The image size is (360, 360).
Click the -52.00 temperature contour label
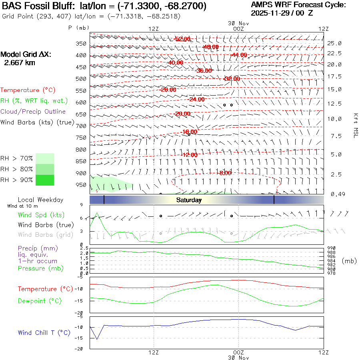point(183,39)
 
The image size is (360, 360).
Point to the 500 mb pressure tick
point(81,79)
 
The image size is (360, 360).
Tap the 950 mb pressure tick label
point(81,185)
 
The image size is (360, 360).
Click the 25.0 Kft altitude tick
point(334,43)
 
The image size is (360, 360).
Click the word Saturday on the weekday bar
point(189,200)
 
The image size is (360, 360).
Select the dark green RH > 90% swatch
point(45,180)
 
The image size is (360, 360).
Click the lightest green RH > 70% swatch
point(45,158)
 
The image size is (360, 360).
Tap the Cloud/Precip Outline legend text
point(33,112)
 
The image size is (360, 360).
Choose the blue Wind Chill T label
point(44,332)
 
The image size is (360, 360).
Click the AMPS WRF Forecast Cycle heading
point(298,5)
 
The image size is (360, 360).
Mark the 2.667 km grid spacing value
point(19,62)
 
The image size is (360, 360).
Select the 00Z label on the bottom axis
point(238,352)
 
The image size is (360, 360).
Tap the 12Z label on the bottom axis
point(154,352)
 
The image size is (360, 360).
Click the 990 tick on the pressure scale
point(331,248)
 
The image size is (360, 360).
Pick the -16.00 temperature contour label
point(189,132)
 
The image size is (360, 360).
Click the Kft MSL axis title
point(355,125)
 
